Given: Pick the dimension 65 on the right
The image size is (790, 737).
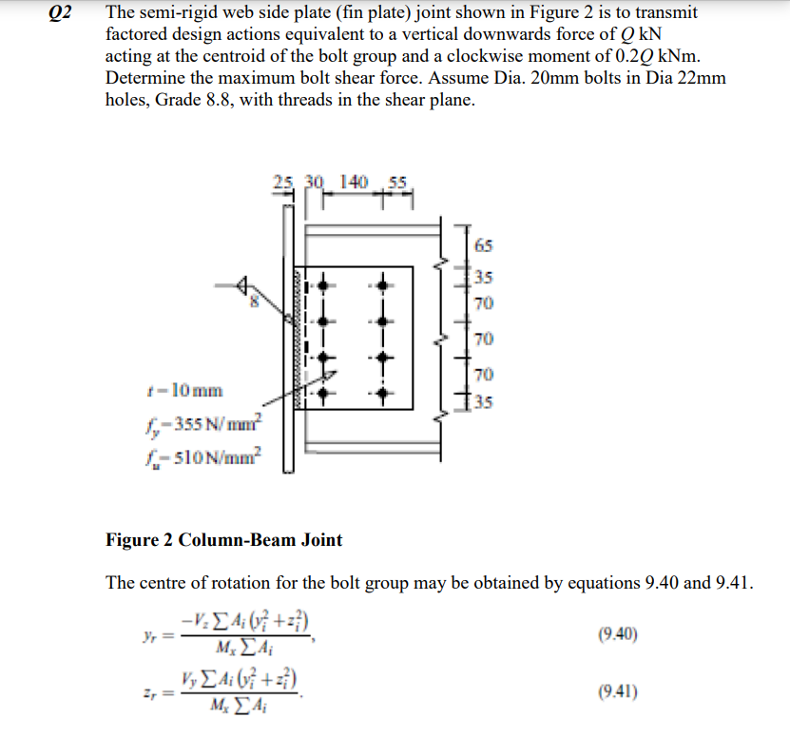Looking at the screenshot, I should click(x=483, y=245).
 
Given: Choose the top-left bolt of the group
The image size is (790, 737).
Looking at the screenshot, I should click(x=324, y=283).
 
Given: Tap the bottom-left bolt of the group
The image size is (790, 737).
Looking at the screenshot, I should click(x=324, y=390).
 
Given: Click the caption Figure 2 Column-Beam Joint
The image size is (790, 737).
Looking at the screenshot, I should click(x=223, y=540).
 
